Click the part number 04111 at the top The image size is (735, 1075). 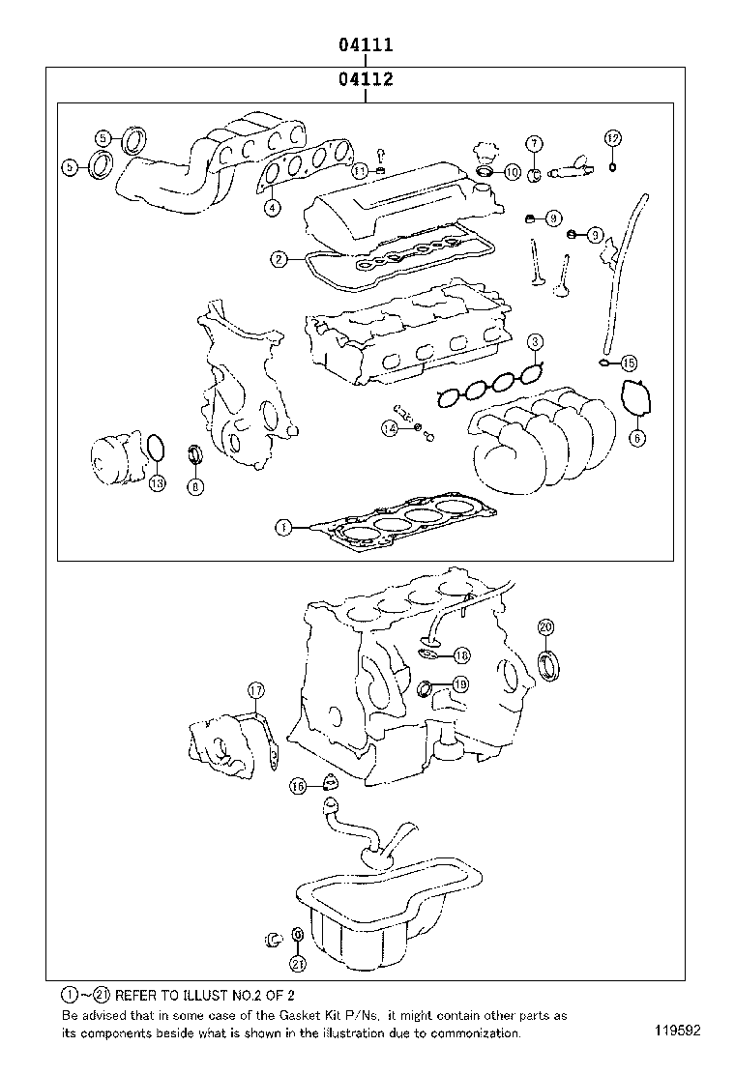365,45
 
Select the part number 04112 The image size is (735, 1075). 365,80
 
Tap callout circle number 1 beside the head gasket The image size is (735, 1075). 282,528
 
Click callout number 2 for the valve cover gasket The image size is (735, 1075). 278,259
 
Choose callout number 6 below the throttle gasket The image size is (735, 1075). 636,438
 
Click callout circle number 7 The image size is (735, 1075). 534,143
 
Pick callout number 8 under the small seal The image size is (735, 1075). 195,486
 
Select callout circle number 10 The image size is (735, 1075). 513,172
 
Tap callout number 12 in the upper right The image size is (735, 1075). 612,138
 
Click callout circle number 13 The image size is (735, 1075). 157,482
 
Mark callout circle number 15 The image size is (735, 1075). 629,363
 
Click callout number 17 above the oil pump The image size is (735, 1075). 255,690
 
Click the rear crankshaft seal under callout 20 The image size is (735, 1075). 549,664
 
